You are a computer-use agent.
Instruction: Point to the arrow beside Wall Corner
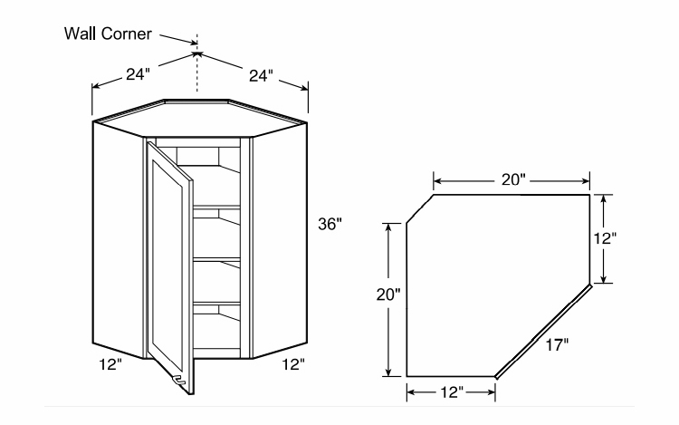coord(177,38)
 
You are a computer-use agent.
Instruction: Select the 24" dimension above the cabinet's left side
coord(138,74)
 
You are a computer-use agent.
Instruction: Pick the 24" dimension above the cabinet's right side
coord(260,74)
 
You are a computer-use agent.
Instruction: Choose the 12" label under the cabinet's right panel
coord(292,365)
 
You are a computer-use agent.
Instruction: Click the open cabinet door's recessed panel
coord(167,263)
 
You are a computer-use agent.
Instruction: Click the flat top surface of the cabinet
coord(199,110)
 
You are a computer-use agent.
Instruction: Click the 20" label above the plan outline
coord(512,179)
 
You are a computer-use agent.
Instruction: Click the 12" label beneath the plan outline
coord(450,392)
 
